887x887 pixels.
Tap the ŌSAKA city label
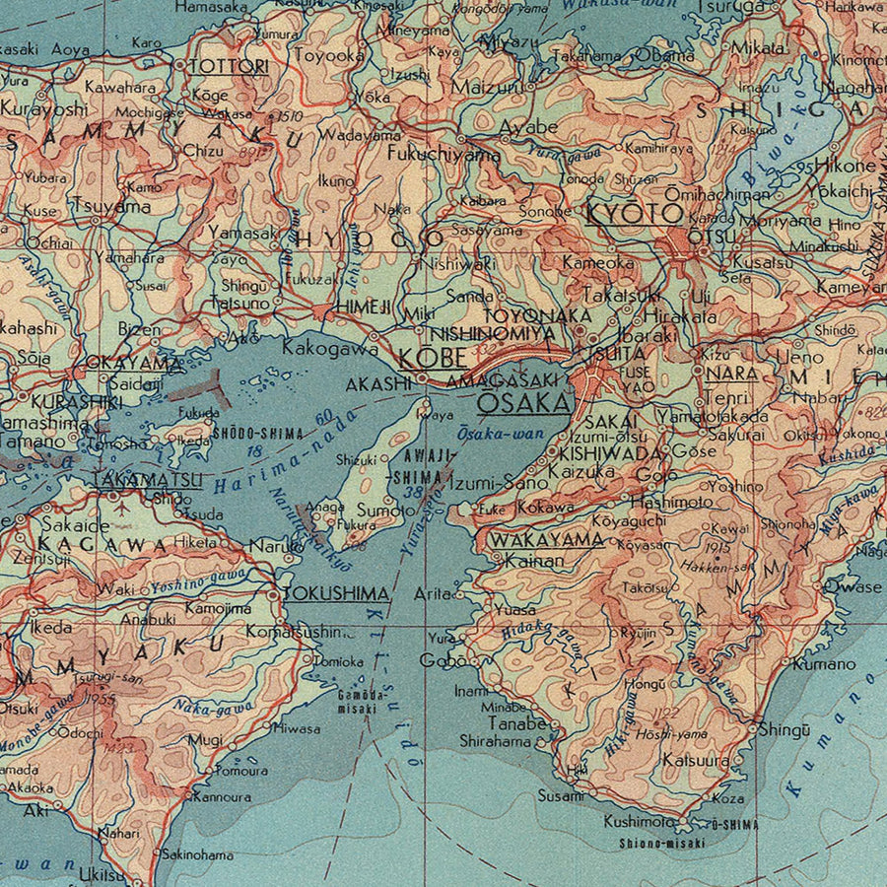pos(523,403)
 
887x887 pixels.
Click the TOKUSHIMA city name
pos(336,594)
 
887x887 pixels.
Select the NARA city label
pos(732,375)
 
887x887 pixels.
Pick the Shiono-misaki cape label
pos(662,843)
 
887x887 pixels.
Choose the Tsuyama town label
pos(110,207)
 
